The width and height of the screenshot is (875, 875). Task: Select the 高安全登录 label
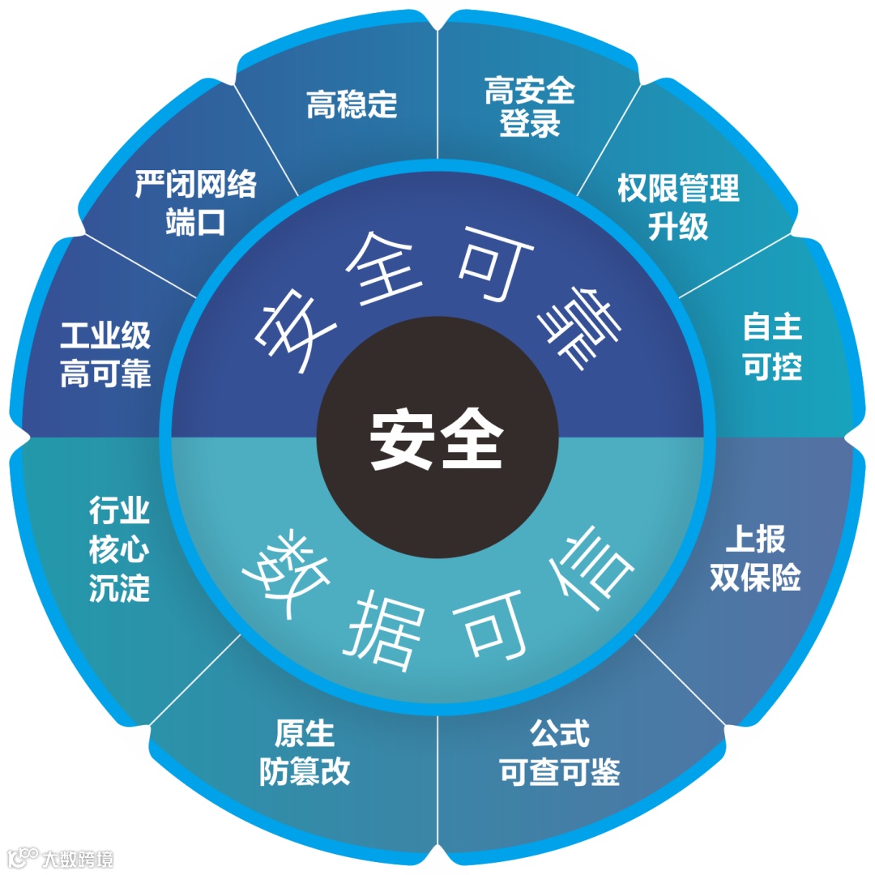coord(530,107)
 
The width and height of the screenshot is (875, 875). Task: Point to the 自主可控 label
coord(772,347)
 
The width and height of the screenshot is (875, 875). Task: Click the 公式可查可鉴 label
coord(559,753)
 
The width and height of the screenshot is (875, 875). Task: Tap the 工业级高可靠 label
coord(105,356)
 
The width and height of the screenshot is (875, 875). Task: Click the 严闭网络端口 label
coord(195,203)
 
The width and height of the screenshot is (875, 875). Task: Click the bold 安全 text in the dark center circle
coord(437,437)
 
